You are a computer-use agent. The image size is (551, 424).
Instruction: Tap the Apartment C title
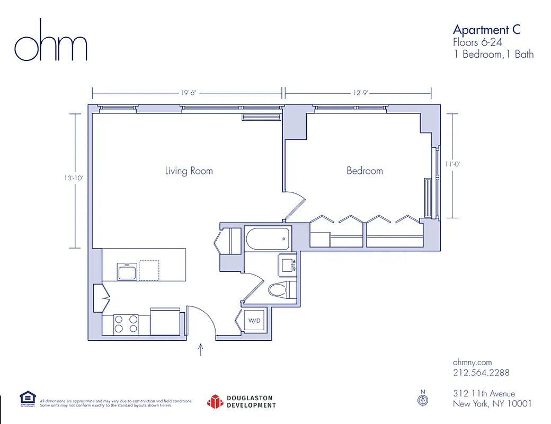coord(486,29)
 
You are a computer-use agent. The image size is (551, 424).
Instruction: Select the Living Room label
coord(189,171)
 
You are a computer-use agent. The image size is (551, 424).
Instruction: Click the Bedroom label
coord(365,171)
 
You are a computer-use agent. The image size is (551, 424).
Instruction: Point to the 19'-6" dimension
coord(188,93)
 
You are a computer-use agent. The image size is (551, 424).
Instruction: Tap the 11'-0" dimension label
coord(452,164)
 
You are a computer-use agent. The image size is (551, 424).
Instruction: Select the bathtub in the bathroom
coord(268,238)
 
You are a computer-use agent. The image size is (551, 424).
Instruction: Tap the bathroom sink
coord(289,263)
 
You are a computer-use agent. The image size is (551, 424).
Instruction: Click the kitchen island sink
coord(127,272)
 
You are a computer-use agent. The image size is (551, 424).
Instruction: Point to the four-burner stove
coord(126,324)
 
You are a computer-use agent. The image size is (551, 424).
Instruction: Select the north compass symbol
coord(422,400)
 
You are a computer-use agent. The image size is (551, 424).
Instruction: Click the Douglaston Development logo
coord(242,402)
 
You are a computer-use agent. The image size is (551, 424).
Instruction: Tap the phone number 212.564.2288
coord(481,373)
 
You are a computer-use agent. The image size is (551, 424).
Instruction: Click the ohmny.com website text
coord(473,361)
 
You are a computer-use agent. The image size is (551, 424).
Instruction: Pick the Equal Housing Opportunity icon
coord(28,399)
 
